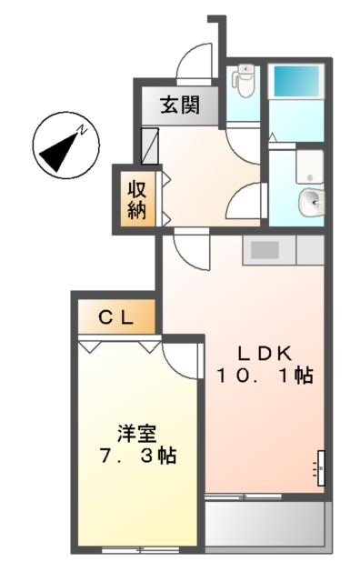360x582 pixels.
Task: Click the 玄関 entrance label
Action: coord(181,105)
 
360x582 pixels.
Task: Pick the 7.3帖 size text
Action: coord(135,454)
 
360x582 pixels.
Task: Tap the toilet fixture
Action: coord(243,83)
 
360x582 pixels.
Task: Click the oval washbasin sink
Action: coord(310,201)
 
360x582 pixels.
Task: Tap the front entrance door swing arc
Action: coord(195,65)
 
